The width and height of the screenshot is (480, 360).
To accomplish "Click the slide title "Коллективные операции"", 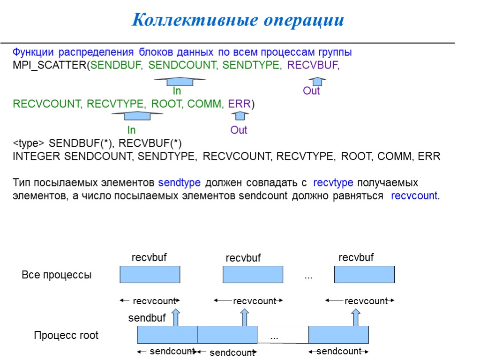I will click(238, 20).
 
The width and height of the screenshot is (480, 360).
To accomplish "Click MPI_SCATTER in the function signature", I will click(50, 66).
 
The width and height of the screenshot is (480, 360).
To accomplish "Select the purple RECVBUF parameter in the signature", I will click(313, 66).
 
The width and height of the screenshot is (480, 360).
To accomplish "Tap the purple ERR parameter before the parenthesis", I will click(239, 104).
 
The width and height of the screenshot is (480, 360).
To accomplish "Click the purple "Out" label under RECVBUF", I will click(311, 91).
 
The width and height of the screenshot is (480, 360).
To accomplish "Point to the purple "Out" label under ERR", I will click(239, 130).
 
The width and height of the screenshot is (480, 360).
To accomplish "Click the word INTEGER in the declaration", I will click(37, 157).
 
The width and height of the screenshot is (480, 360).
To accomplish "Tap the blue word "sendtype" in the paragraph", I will click(180, 182).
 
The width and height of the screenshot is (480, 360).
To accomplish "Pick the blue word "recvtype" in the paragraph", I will click(333, 182).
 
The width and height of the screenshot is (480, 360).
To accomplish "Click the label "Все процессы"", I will click(57, 275).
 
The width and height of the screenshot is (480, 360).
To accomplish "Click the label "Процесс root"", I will click(66, 336).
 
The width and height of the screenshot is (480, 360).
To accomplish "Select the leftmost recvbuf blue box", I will click(150, 274).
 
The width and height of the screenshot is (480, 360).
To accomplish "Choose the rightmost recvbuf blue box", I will click(364, 274).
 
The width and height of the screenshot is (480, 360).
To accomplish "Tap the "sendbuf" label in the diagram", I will click(147, 318).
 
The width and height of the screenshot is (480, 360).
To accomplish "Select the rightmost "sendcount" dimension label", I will click(339, 351).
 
